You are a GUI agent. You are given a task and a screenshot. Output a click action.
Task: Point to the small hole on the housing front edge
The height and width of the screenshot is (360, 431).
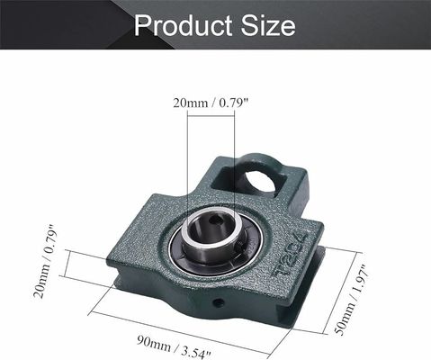click(x=216, y=303)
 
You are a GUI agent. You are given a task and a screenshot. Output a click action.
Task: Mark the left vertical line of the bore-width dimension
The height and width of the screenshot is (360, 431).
click(x=187, y=171)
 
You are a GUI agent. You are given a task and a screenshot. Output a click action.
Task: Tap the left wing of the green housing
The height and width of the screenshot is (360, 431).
click(x=135, y=261)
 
